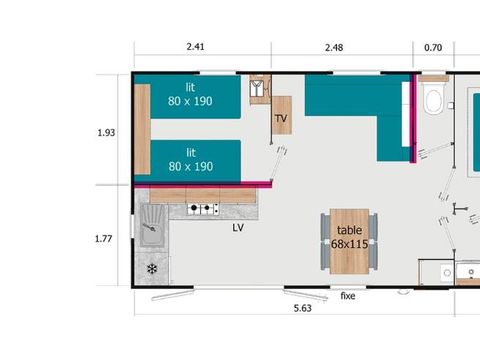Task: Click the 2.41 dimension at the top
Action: tap(195, 46)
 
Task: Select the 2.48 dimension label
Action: tap(335, 46)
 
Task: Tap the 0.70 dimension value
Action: tap(433, 46)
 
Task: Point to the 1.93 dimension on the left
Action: tap(105, 132)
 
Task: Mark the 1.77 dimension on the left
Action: tap(105, 238)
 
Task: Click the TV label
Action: tap(281, 117)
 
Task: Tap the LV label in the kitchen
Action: tap(238, 227)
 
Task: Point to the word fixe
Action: tap(348, 296)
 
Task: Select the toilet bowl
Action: tap(434, 100)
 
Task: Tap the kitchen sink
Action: tap(152, 226)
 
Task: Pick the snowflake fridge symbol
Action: tap(152, 269)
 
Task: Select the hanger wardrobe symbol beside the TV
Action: tap(259, 88)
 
